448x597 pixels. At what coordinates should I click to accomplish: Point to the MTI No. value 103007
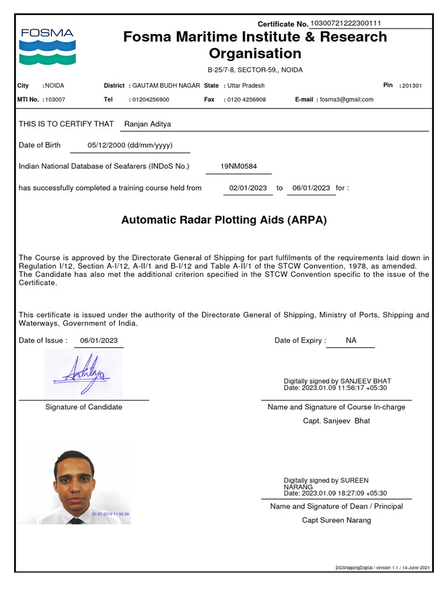click(55, 100)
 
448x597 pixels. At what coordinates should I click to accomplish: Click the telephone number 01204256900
click(150, 100)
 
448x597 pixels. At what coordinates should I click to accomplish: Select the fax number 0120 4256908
click(246, 100)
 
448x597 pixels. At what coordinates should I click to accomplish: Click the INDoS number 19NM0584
click(239, 166)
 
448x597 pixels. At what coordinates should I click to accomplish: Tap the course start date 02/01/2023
click(248, 188)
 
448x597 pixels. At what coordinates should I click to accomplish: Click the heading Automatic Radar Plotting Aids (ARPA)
click(224, 220)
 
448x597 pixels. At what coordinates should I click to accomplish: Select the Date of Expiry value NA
click(351, 340)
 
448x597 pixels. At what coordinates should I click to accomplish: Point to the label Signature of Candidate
click(84, 407)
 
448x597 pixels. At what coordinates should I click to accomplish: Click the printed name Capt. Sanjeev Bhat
click(336, 421)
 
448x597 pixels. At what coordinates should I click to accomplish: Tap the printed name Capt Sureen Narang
click(336, 520)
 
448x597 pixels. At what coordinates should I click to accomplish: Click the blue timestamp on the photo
click(110, 514)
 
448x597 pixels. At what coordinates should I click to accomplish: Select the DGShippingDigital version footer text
click(383, 568)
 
